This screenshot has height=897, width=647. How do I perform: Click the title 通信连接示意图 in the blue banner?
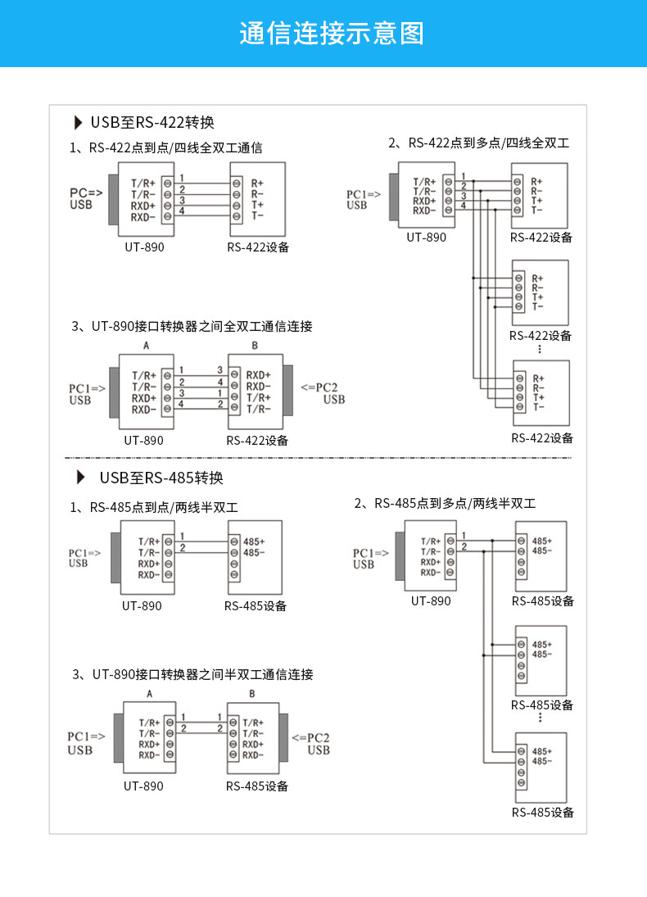coord(331,34)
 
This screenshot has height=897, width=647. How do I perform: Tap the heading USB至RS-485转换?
coord(161,478)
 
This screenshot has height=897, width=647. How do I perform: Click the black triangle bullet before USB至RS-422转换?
coord(79,123)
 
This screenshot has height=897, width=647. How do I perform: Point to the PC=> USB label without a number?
coord(85,198)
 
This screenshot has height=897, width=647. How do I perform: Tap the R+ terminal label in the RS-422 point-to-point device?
coord(257,183)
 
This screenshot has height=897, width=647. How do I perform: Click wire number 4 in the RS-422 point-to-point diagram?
coord(182,211)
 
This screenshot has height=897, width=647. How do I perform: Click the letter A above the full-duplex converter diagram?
coord(146,346)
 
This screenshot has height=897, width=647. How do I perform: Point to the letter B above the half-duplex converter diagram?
coord(251,694)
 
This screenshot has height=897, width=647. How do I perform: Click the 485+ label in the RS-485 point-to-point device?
coord(254,541)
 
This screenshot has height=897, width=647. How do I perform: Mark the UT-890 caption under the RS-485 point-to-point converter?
coord(142,606)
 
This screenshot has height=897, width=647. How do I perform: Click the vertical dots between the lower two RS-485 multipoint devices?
coord(540,718)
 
